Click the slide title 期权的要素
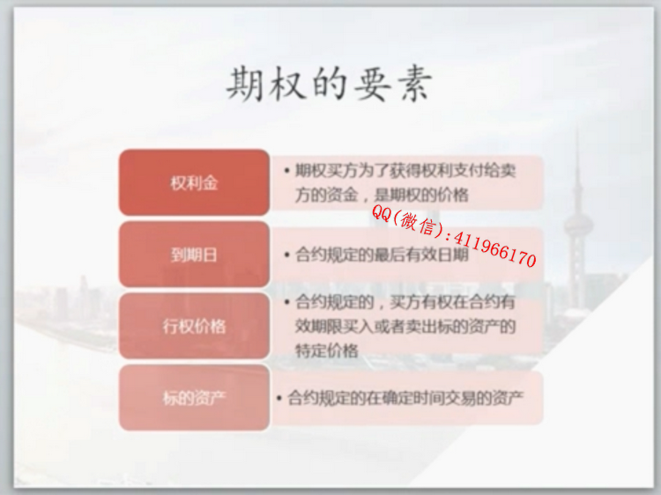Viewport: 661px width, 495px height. point(330,84)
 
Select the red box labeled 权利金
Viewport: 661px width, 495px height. point(194,182)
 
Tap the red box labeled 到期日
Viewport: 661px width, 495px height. point(194,255)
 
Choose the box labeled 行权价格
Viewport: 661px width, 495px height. point(194,326)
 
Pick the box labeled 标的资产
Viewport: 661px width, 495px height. point(194,398)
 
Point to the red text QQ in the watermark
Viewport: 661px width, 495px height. point(381,213)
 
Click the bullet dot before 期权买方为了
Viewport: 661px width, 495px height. point(286,171)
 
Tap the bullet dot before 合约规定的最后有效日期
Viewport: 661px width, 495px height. point(286,255)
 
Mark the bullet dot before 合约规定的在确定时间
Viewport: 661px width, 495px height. point(279,398)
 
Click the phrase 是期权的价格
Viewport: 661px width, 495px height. point(421,195)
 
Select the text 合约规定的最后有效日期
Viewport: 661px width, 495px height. point(382,255)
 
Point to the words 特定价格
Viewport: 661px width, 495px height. point(327,351)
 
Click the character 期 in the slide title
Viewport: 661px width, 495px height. point(244,84)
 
